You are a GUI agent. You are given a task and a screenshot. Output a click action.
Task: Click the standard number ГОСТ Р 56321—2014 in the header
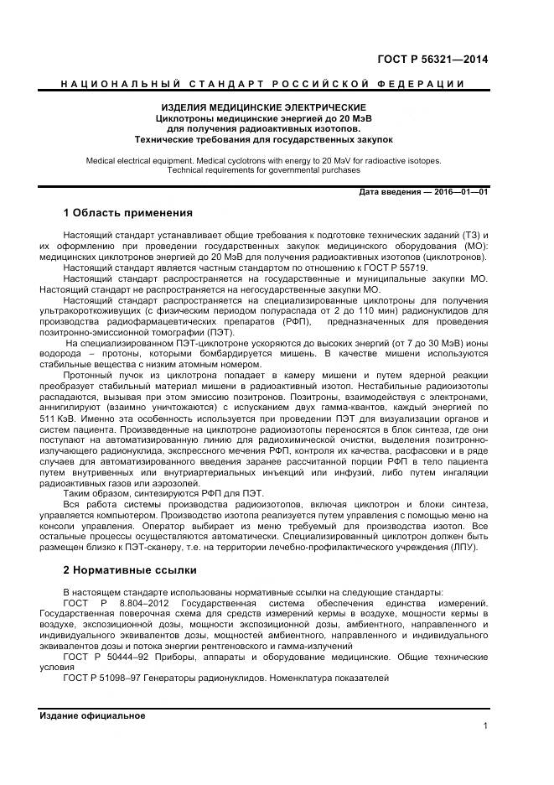pos(433,60)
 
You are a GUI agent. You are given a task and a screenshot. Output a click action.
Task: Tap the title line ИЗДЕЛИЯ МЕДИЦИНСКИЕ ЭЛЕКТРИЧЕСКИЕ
pos(263,108)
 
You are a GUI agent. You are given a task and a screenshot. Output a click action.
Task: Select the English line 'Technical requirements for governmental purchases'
pos(263,169)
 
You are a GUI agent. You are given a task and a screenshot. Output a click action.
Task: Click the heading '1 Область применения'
pos(127,212)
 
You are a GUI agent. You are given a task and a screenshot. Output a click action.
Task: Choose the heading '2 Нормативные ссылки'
pos(130,569)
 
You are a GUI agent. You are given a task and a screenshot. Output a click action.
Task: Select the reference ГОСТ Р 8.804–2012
pos(116,602)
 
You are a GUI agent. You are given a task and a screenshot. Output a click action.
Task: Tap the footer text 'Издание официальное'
pos(92,715)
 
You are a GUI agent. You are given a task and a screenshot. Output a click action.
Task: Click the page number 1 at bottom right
pos(485,726)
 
